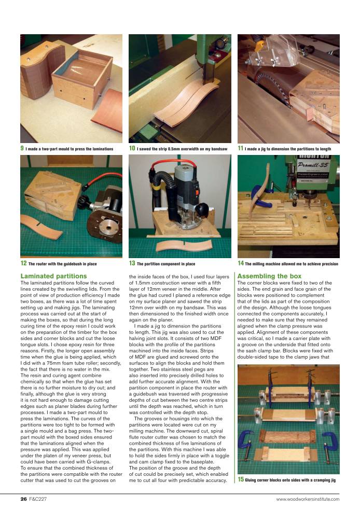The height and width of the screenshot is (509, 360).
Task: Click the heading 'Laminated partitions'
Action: tap(53, 276)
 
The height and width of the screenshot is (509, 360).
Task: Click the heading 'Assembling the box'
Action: tap(269, 276)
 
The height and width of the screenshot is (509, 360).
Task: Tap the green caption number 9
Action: tap(22, 148)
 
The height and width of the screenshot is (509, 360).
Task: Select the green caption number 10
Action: tap(132, 148)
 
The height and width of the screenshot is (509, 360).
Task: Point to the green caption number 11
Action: tap(241, 148)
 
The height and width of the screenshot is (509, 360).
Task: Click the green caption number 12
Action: tap(23, 263)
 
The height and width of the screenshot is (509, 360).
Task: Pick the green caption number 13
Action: tap(132, 263)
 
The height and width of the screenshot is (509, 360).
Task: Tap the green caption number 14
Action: tap(241, 263)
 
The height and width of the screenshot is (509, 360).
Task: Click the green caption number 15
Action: tap(241, 479)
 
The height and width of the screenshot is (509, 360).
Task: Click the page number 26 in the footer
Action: tap(24, 499)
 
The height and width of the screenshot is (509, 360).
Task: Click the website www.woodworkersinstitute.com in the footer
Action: tap(308, 499)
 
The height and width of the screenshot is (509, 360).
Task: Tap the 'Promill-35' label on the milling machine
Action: tap(314, 164)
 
